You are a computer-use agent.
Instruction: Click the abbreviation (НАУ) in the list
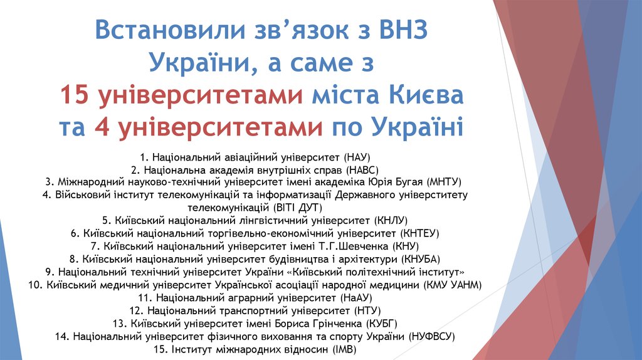click(359, 156)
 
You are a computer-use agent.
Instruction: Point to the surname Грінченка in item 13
click(334, 324)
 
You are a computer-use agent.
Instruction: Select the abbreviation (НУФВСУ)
click(431, 336)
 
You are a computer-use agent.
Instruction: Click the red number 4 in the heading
click(102, 127)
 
